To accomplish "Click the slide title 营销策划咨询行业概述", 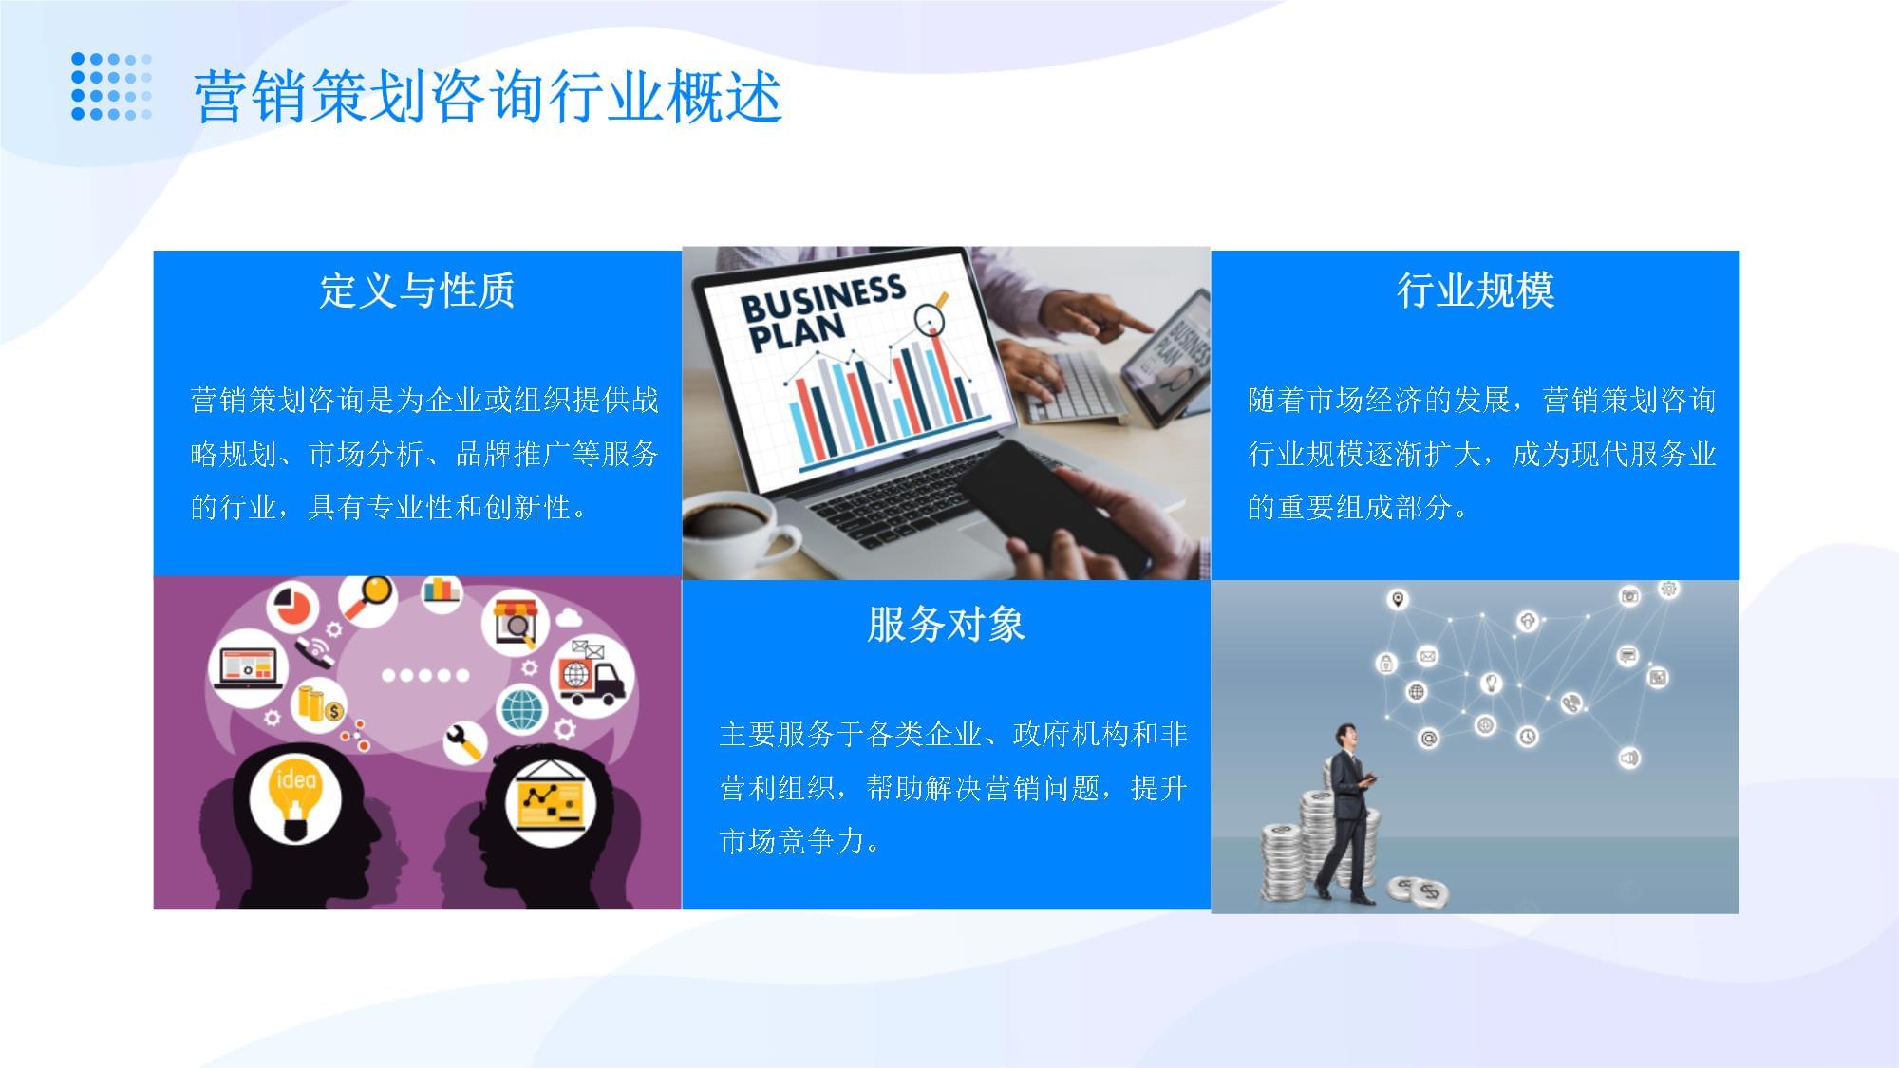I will tap(487, 97).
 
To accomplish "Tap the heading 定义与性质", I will tap(417, 290).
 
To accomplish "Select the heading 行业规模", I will tap(1475, 290).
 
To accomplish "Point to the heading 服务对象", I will tap(946, 625).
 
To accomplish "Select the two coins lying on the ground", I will tap(1419, 890).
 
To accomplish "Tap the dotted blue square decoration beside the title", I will tap(112, 86).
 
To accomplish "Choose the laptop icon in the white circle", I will tap(248, 665).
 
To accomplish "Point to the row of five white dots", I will tap(424, 676).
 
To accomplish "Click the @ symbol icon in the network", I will tap(1429, 738).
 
